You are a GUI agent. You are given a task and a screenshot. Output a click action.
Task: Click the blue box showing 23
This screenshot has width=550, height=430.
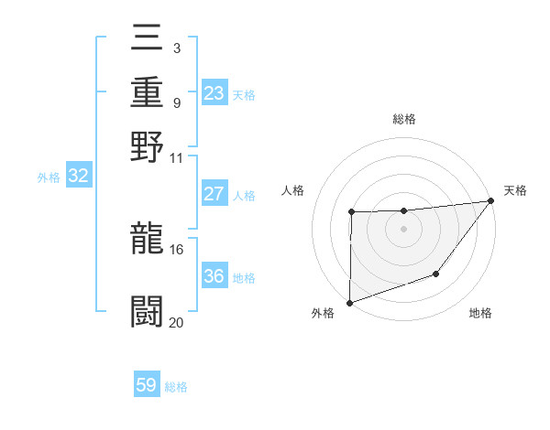tap(214, 93)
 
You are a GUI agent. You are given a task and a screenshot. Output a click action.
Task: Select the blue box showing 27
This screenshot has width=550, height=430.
tap(214, 194)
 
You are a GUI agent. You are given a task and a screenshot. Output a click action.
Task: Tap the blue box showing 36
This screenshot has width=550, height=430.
tap(214, 276)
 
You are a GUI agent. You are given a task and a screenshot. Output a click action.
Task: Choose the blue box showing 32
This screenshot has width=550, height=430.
tap(79, 177)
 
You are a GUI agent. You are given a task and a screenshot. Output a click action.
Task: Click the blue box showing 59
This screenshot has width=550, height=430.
tap(147, 385)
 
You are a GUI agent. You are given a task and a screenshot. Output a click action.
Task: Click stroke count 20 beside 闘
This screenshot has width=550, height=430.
tap(176, 321)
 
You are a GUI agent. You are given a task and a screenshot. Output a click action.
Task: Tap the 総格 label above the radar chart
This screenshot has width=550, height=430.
tap(404, 119)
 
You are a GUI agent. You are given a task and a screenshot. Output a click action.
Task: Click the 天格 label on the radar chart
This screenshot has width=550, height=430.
tap(515, 190)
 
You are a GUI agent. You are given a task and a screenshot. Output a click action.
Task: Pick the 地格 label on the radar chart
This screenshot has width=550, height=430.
tap(480, 314)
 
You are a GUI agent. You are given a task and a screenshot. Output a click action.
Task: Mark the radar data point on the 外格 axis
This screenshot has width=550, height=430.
tap(349, 303)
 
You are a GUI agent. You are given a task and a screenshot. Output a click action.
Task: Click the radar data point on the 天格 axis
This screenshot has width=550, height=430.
tap(492, 200)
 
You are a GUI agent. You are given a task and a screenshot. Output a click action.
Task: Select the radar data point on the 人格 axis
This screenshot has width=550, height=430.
tap(351, 212)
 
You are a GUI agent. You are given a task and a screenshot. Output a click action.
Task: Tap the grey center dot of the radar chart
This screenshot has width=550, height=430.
tap(404, 229)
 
